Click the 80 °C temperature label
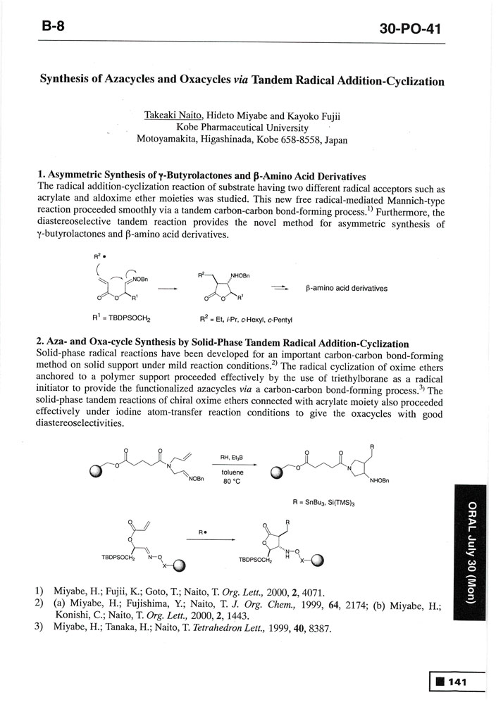[x=232, y=482]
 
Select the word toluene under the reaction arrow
[x=232, y=472]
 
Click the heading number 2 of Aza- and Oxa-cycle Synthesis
[x=39, y=343]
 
